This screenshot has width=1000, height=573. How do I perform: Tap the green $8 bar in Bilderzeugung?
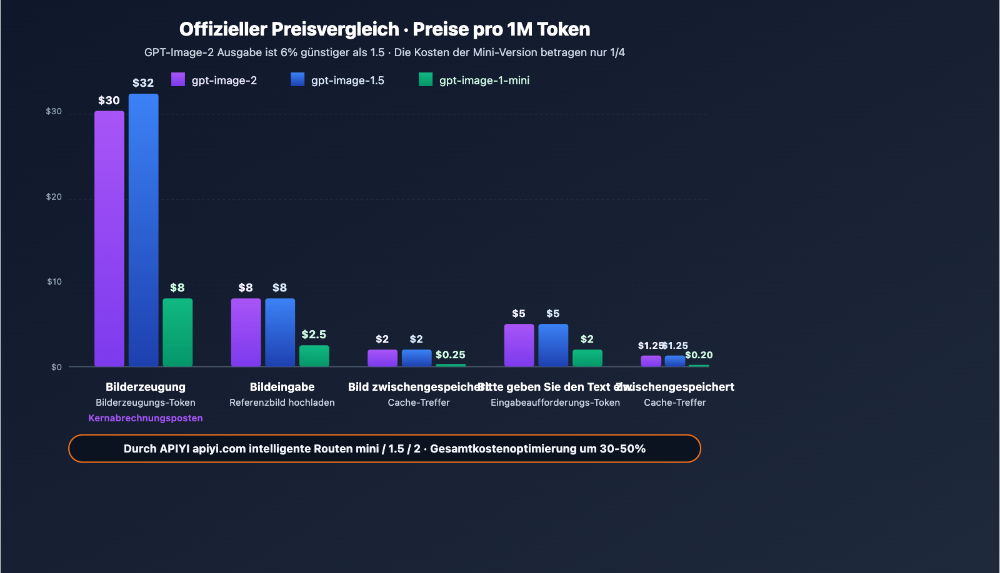(x=177, y=332)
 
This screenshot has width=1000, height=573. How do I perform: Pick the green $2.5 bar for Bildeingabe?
(x=314, y=356)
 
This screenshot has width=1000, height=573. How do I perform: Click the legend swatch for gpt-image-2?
(x=178, y=79)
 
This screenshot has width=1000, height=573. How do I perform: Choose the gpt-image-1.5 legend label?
(x=347, y=81)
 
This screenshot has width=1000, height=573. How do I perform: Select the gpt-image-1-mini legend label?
(x=484, y=81)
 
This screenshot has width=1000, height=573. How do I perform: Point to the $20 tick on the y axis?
(x=54, y=197)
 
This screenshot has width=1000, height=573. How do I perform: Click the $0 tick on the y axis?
(x=56, y=367)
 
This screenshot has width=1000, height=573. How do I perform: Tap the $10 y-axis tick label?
(x=54, y=282)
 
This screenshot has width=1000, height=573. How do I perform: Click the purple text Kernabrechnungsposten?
(x=146, y=418)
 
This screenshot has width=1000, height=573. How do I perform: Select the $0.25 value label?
(x=450, y=355)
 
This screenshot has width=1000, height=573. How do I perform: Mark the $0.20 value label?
(x=699, y=355)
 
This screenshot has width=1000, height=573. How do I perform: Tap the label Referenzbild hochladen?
(x=282, y=403)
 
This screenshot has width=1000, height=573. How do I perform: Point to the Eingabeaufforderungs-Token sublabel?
(x=555, y=403)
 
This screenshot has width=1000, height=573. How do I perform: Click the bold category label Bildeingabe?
(x=282, y=387)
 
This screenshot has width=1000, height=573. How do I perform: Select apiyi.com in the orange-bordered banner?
(x=219, y=449)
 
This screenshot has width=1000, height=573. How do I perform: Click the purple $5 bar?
(x=519, y=345)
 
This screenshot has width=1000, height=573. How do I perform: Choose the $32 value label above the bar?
(x=143, y=83)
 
